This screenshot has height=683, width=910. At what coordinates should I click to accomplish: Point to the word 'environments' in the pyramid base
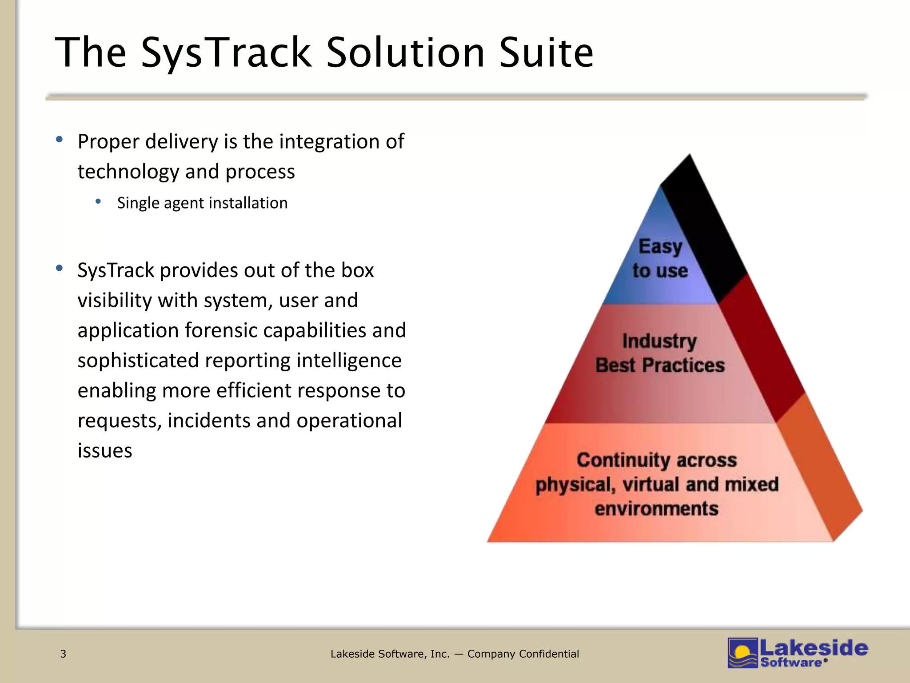[656, 509]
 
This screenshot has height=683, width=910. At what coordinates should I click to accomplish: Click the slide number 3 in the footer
[63, 654]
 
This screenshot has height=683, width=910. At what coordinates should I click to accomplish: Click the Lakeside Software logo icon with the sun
[742, 653]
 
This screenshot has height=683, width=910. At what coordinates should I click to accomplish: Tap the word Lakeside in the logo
[814, 648]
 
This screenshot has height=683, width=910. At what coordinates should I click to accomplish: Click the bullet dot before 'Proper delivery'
[59, 140]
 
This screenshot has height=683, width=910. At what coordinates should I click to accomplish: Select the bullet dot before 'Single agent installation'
[98, 202]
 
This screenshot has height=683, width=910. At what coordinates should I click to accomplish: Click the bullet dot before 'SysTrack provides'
[59, 268]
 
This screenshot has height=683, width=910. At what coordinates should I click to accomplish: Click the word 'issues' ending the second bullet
[105, 450]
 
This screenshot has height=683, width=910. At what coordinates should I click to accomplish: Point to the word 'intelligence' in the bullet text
[349, 361]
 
